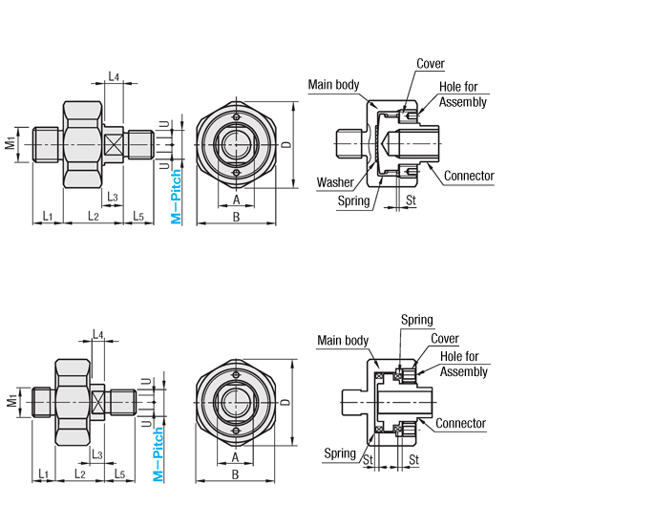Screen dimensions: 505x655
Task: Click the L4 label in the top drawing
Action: (x=114, y=76)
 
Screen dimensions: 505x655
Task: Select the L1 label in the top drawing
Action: (x=47, y=217)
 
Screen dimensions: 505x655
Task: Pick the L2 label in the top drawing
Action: (x=94, y=217)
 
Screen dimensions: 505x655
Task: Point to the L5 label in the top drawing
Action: (x=138, y=217)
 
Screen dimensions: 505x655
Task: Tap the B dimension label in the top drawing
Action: (x=235, y=217)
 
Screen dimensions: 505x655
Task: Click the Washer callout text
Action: (x=334, y=182)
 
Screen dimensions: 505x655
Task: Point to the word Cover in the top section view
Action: (x=431, y=64)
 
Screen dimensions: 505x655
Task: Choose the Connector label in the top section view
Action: (x=469, y=176)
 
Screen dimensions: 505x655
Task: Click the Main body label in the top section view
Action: (x=333, y=85)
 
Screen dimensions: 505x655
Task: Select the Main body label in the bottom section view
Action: (x=343, y=341)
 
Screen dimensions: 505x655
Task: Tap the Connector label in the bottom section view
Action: (x=460, y=423)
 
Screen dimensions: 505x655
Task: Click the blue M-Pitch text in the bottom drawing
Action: (x=159, y=454)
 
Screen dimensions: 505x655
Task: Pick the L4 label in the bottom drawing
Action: (x=98, y=335)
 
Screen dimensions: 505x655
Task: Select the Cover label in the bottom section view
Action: (x=445, y=339)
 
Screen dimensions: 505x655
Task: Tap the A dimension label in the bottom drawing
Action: (x=235, y=456)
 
